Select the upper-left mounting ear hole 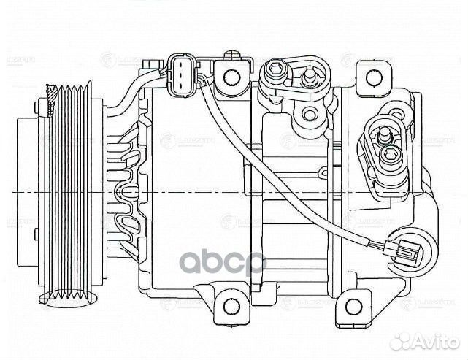point(231,76)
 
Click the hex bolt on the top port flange point(277,71)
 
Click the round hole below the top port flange point(310,113)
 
